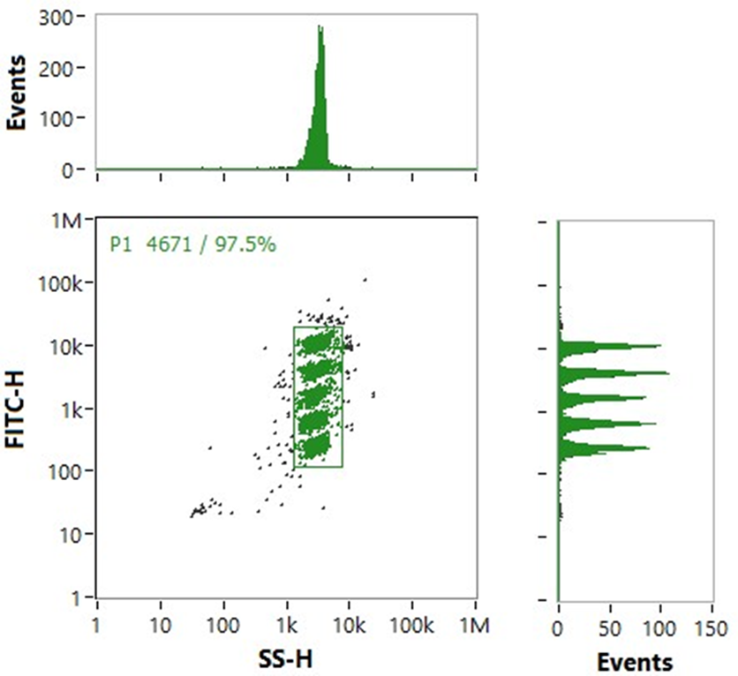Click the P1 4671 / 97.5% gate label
[192, 244]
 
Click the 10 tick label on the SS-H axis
[160, 628]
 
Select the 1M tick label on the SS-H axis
[475, 628]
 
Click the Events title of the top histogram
[17, 92]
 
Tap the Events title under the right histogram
[635, 661]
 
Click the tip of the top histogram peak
[320, 26]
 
